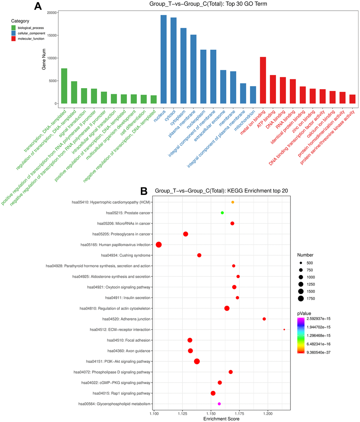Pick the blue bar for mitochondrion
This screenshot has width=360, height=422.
click(253, 95)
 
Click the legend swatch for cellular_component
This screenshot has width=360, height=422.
click(14, 33)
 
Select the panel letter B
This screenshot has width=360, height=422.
click(144, 191)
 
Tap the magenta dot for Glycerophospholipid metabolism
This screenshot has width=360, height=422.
click(219, 404)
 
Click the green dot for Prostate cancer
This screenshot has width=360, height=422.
click(222, 213)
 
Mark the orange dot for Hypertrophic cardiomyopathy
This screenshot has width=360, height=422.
click(233, 202)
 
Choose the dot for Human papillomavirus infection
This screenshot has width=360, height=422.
click(159, 245)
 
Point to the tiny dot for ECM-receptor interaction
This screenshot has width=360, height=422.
click(284, 330)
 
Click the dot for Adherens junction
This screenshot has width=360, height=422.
click(264, 319)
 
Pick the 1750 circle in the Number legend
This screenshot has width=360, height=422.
click(301, 299)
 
